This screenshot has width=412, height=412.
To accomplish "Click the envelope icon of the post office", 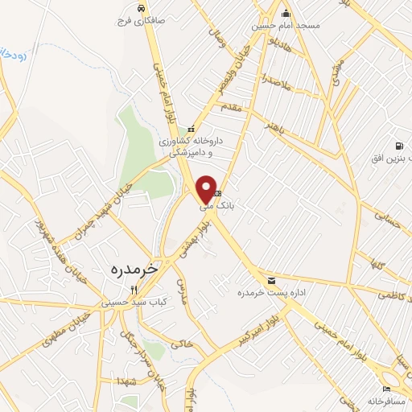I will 271,280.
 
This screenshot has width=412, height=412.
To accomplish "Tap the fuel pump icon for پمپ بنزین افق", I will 398,146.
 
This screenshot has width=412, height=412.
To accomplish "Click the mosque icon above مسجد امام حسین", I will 286,13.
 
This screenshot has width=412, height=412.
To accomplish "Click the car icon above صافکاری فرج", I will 141,7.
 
